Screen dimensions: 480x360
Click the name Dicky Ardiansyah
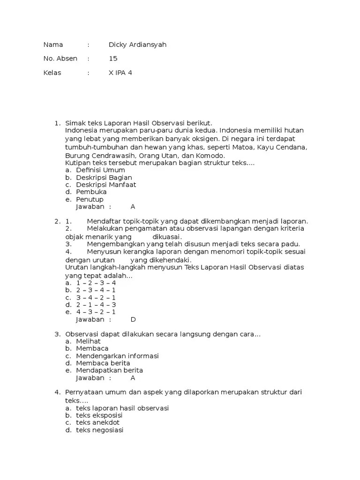pos(137,45)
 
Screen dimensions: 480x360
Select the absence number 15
pos(113,59)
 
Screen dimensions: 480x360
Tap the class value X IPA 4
pos(120,73)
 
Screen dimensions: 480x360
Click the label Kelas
pos(52,73)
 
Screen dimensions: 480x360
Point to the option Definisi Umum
pos(100,170)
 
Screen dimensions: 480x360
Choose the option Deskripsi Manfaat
pos(106,185)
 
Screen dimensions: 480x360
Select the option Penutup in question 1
pos(90,199)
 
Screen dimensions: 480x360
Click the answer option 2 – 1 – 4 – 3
pos(96,305)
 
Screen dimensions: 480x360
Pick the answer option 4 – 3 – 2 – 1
pos(96,312)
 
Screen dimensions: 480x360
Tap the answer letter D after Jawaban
pos(133,320)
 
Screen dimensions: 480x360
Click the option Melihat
pos(88,341)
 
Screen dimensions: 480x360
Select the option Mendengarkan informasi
pos(117,356)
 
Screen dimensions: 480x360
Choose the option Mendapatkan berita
pos(109,370)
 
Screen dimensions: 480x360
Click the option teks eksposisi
pos(99,415)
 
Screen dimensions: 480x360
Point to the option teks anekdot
pos(97,422)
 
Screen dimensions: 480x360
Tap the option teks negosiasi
pos(99,430)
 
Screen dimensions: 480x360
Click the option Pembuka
pos(91,192)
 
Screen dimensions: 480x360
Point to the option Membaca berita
pos(103,363)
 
